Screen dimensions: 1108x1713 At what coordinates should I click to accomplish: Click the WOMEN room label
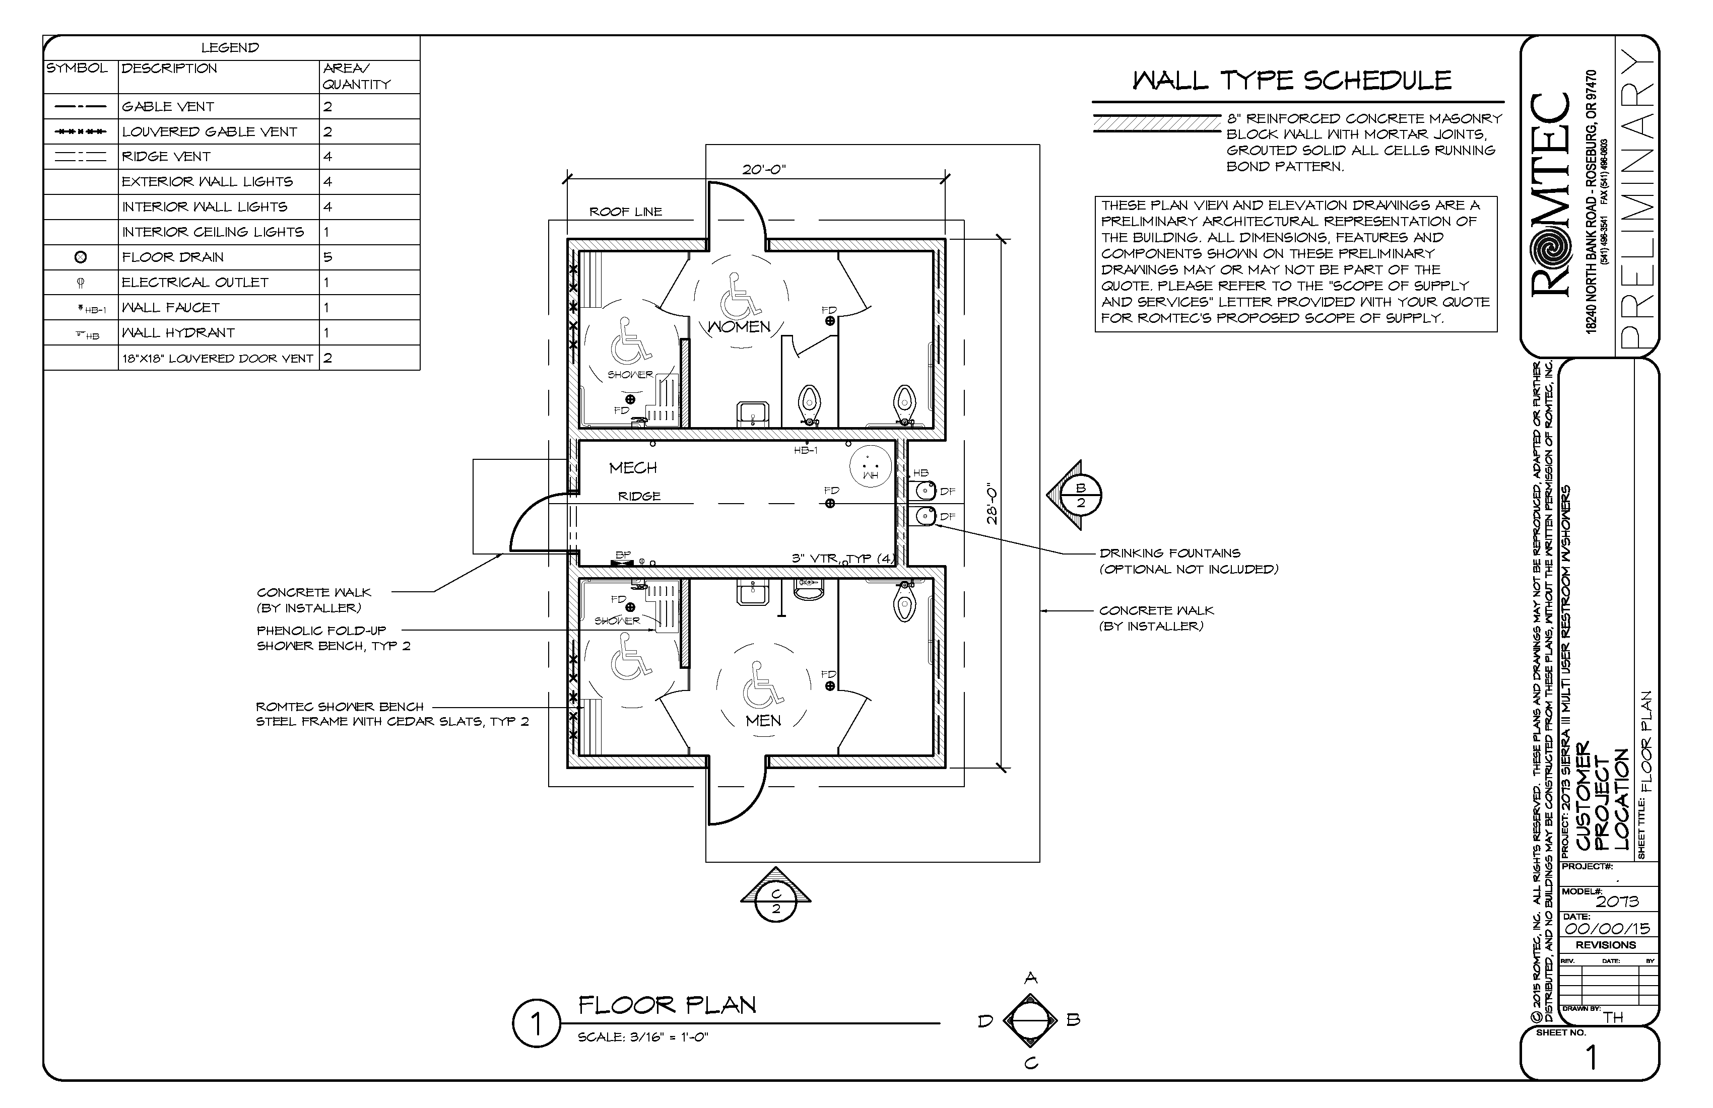click(739, 327)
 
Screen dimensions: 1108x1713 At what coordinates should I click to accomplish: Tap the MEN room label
click(763, 720)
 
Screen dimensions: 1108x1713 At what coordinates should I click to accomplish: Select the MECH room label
click(633, 468)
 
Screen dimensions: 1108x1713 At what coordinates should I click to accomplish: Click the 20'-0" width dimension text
click(764, 170)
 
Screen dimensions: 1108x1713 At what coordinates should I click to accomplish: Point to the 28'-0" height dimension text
click(993, 503)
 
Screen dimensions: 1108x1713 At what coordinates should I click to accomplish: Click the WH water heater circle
click(870, 467)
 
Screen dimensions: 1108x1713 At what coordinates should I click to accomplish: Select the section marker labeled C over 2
click(776, 901)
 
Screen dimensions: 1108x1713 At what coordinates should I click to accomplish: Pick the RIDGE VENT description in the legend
click(166, 156)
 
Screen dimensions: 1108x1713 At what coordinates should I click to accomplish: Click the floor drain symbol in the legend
click(81, 257)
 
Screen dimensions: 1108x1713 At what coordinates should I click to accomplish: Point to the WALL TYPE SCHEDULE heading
click(1292, 80)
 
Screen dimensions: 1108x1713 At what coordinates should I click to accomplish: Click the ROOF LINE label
click(625, 212)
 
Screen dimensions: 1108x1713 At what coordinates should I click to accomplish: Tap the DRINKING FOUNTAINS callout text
click(1169, 553)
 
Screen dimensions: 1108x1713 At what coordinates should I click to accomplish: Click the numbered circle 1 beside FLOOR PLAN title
click(536, 1023)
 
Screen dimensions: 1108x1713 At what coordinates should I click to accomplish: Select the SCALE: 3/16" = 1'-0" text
click(643, 1037)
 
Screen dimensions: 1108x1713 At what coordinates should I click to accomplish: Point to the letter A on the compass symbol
click(1031, 978)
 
